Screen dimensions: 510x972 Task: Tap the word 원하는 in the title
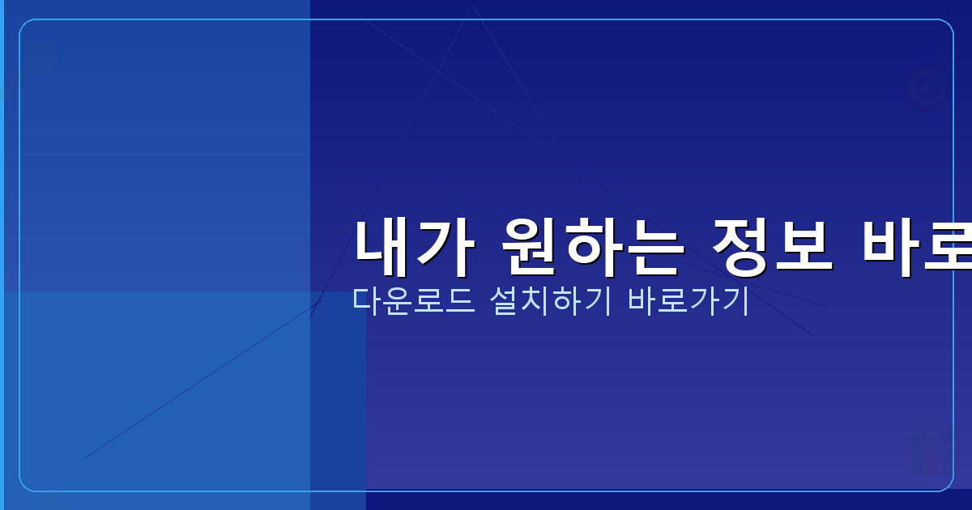pos(589,247)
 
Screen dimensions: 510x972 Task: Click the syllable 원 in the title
pos(528,247)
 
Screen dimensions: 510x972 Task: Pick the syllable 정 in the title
pos(739,247)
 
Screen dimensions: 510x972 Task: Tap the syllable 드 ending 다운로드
pos(460,301)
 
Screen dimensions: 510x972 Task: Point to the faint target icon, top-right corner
pos(927,88)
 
